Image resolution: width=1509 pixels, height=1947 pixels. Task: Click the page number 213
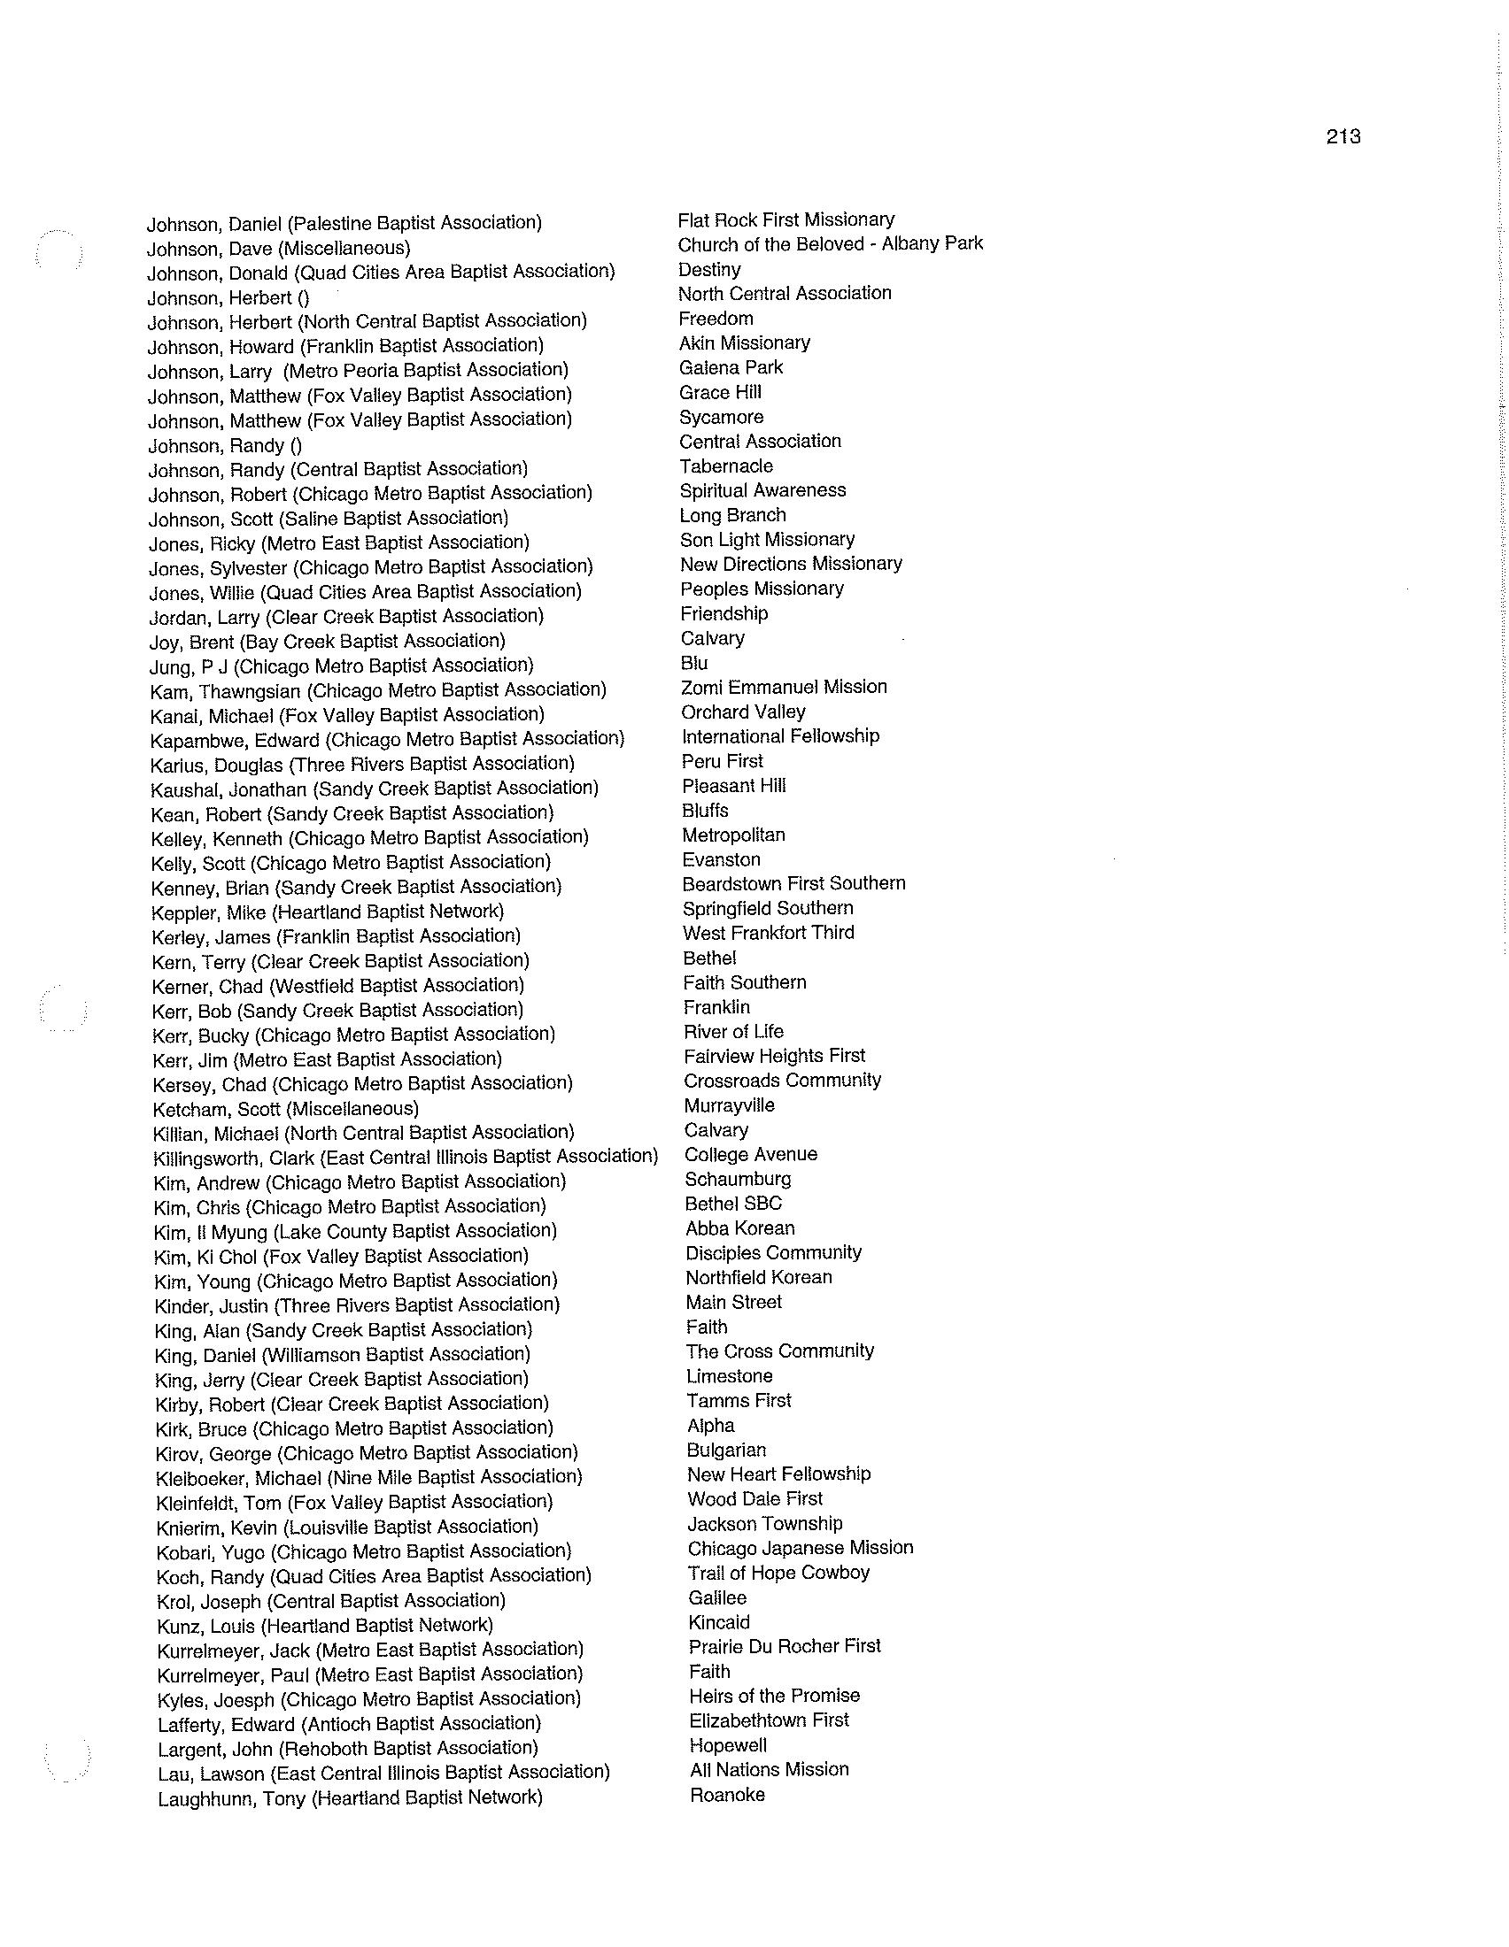pyautogui.click(x=1343, y=136)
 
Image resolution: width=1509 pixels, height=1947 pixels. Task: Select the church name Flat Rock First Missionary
pyautogui.click(x=785, y=219)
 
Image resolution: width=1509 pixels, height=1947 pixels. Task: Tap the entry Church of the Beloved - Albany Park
pyautogui.click(x=830, y=243)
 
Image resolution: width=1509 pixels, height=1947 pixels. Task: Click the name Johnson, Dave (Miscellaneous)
pyautogui.click(x=278, y=248)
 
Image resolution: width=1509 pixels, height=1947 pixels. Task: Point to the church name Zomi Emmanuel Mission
pyautogui.click(x=783, y=687)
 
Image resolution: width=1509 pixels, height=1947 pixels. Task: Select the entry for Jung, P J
pyautogui.click(x=342, y=665)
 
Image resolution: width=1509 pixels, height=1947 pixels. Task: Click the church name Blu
pyautogui.click(x=694, y=662)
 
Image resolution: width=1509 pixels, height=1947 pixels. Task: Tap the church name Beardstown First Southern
pyautogui.click(x=793, y=883)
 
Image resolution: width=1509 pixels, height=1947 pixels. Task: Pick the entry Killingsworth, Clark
pyautogui.click(x=406, y=1158)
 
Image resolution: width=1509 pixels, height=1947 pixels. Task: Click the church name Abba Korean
pyautogui.click(x=740, y=1228)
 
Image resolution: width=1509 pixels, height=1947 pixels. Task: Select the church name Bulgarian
pyautogui.click(x=726, y=1451)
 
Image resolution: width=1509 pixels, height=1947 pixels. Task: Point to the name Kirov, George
pyautogui.click(x=367, y=1453)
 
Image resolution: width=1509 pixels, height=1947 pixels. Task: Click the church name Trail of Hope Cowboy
pyautogui.click(x=778, y=1573)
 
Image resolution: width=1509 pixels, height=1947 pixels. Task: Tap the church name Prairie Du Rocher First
pyautogui.click(x=785, y=1646)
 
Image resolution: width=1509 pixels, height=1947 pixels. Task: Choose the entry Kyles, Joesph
pyautogui.click(x=369, y=1699)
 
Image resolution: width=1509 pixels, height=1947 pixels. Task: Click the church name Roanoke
pyautogui.click(x=728, y=1795)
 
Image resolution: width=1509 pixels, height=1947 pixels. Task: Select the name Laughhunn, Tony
pyautogui.click(x=350, y=1798)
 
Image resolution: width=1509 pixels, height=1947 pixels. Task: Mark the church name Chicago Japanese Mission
pyautogui.click(x=800, y=1548)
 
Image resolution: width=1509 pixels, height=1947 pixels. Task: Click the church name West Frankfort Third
pyautogui.click(x=768, y=933)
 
